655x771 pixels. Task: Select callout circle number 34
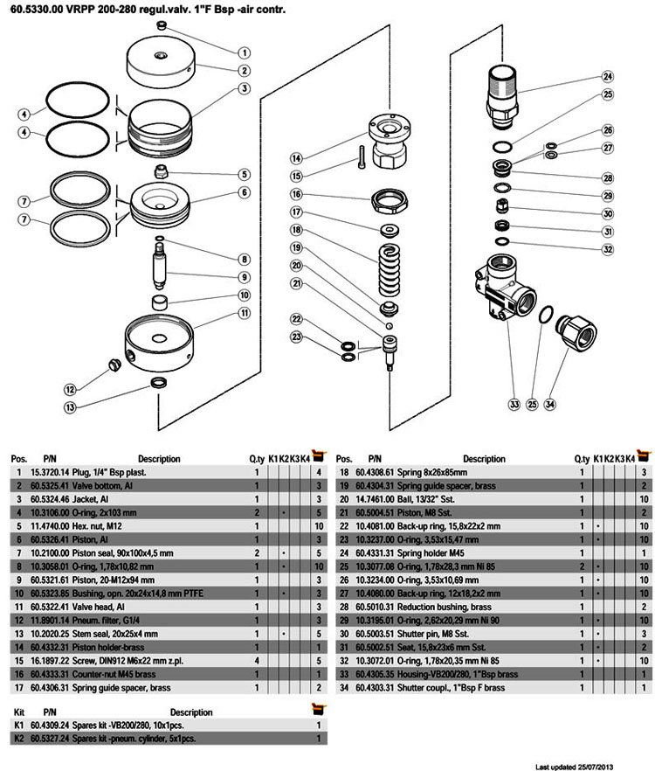pyautogui.click(x=549, y=405)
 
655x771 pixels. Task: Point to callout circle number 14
pyautogui.click(x=297, y=158)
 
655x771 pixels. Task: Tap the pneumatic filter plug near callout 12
pyautogui.click(x=112, y=364)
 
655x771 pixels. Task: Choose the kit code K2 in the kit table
pyautogui.click(x=18, y=739)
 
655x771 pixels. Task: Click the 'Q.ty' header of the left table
pyautogui.click(x=257, y=458)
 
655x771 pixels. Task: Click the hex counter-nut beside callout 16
pyautogui.click(x=386, y=201)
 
